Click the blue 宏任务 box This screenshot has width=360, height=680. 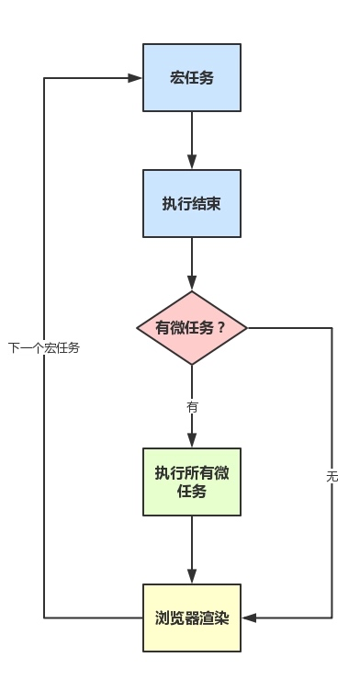pyautogui.click(x=192, y=77)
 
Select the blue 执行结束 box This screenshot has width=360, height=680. pyautogui.click(x=192, y=203)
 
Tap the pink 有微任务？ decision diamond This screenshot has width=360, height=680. pyautogui.click(x=192, y=328)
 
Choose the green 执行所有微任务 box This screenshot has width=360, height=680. pyautogui.click(x=192, y=482)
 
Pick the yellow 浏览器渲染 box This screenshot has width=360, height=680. pyautogui.click(x=192, y=618)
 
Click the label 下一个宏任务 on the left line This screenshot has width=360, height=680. pyautogui.click(x=44, y=348)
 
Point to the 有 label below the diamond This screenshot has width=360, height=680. pyautogui.click(x=192, y=406)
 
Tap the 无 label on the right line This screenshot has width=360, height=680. pyautogui.click(x=332, y=476)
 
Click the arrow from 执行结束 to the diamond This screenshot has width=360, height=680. pyautogui.click(x=192, y=264)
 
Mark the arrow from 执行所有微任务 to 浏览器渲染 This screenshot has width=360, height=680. pyautogui.click(x=192, y=549)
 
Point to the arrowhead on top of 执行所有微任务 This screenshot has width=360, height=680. pyautogui.click(x=192, y=441)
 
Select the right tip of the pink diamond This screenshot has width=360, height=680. pyautogui.click(x=249, y=328)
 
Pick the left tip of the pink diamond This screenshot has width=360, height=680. pyautogui.click(x=136, y=328)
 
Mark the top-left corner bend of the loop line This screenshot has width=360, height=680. pyautogui.click(x=44, y=78)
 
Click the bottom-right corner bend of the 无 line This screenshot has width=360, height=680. pyautogui.click(x=332, y=618)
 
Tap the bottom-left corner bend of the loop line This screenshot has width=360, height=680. pyautogui.click(x=44, y=618)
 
